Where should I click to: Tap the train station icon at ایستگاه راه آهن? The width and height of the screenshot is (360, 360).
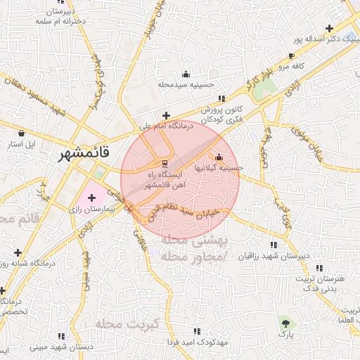[x=156, y=165]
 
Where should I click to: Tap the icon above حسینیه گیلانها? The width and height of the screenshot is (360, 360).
[x=220, y=157]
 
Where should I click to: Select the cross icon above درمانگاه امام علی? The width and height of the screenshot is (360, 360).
[x=166, y=116]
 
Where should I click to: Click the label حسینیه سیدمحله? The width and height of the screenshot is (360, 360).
[x=186, y=84]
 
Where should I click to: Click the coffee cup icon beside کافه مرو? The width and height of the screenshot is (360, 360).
[x=292, y=56]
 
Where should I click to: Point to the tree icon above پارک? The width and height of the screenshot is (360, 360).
[x=285, y=323]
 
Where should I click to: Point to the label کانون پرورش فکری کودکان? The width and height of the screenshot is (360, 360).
[x=222, y=115]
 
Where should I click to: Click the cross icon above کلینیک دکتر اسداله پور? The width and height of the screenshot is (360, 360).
[x=329, y=29]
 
